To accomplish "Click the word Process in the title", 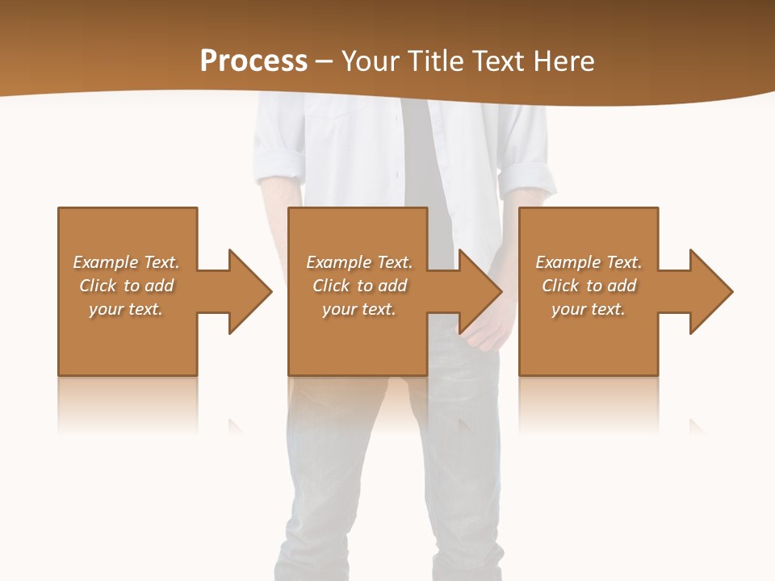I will pyautogui.click(x=253, y=61).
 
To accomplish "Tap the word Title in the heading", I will pyautogui.click(x=434, y=61).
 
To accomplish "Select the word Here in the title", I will pyautogui.click(x=563, y=61).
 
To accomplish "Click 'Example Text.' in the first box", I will pyautogui.click(x=127, y=262).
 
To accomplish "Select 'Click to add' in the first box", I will pyautogui.click(x=127, y=286).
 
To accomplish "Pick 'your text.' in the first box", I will pyautogui.click(x=127, y=309).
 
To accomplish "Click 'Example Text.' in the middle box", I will pyautogui.click(x=359, y=262).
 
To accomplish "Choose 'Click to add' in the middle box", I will pyautogui.click(x=359, y=286).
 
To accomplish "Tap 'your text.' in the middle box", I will pyautogui.click(x=359, y=309).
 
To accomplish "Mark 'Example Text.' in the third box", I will pyautogui.click(x=589, y=262).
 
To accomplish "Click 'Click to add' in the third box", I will pyautogui.click(x=589, y=286).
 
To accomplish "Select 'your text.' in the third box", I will pyautogui.click(x=589, y=309).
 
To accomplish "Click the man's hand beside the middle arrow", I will pyautogui.click(x=490, y=327).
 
